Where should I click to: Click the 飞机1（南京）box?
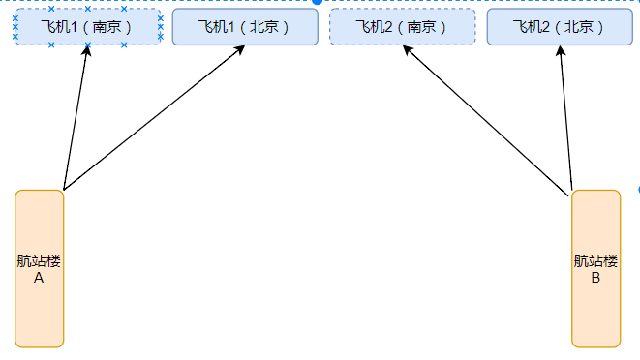pyautogui.click(x=87, y=26)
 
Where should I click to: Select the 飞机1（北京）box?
pyautogui.click(x=245, y=26)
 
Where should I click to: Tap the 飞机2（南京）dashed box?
pyautogui.click(x=402, y=26)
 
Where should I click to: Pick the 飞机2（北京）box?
pyautogui.click(x=559, y=26)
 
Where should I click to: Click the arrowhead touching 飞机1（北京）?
pyautogui.click(x=240, y=51)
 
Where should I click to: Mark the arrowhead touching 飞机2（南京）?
pyautogui.click(x=408, y=51)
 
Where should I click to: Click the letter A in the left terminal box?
pyautogui.click(x=40, y=277)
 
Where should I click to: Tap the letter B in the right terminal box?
pyautogui.click(x=595, y=277)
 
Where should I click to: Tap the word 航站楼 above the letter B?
pyautogui.click(x=595, y=260)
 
